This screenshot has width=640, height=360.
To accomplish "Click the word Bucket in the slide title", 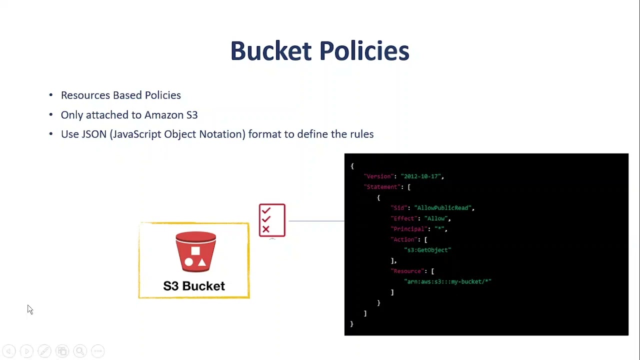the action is [x=270, y=51].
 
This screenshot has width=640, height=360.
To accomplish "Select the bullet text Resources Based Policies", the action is [x=120, y=95].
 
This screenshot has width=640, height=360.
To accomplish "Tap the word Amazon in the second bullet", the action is [x=164, y=115].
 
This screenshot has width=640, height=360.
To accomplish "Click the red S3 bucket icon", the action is [x=195, y=251].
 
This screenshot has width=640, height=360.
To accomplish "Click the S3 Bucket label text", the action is [x=194, y=286].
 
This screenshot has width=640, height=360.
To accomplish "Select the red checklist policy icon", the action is [x=272, y=220].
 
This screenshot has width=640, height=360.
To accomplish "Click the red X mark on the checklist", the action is [x=265, y=229].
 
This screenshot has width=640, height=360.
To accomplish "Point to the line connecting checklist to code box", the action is [x=316, y=220].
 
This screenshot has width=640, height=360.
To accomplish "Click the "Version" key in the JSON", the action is [x=378, y=176].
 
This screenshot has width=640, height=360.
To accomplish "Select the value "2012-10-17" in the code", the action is [x=421, y=176].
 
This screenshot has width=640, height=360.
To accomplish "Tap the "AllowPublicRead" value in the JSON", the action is [x=443, y=208].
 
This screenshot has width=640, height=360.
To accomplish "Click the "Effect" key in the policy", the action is [x=404, y=218].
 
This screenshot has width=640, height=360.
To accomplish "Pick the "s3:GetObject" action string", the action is [x=427, y=250].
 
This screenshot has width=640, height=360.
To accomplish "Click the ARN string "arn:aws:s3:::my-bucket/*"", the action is [x=448, y=281].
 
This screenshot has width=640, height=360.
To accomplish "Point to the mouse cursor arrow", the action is [x=29, y=309].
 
